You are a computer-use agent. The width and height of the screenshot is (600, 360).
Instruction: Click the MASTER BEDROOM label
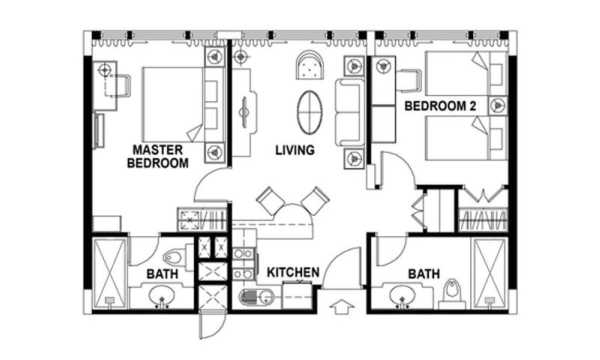tap(158, 156)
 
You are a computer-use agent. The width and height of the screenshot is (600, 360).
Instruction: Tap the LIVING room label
tap(295, 150)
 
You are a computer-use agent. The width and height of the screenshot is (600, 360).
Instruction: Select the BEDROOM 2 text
tap(440, 106)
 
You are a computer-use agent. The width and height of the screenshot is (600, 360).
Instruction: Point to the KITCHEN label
tap(293, 272)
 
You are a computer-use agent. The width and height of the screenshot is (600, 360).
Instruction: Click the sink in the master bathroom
tap(161, 296)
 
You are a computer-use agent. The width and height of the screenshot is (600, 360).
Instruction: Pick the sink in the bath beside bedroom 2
tap(402, 296)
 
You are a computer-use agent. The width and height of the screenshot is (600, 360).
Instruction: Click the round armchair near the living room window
tap(309, 65)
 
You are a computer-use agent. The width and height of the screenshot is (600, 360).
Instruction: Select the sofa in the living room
tap(349, 112)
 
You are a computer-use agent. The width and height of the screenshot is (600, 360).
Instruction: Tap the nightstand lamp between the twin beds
tap(497, 105)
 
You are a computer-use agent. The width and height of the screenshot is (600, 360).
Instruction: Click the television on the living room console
tap(244, 112)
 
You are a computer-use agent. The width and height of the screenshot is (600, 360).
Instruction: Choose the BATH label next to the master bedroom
tap(162, 274)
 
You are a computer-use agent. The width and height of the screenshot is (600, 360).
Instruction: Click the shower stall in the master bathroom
tap(110, 272)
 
